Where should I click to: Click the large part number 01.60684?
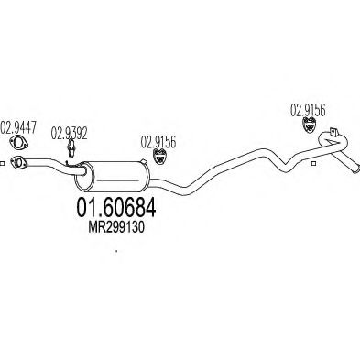116,207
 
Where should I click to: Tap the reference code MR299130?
116,227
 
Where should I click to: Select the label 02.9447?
18,127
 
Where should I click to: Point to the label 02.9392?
69,133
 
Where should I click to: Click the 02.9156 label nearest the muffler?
158,142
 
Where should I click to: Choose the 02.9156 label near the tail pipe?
308,110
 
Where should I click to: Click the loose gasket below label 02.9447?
17,143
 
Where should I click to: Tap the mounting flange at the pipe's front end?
18,162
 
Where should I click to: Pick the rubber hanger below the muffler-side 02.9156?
159,156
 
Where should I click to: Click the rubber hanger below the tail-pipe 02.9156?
309,125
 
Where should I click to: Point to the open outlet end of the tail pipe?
355,169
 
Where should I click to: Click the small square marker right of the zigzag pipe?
312,164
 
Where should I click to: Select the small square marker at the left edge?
2,164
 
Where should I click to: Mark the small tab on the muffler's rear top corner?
144,161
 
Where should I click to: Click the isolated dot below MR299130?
116,252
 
